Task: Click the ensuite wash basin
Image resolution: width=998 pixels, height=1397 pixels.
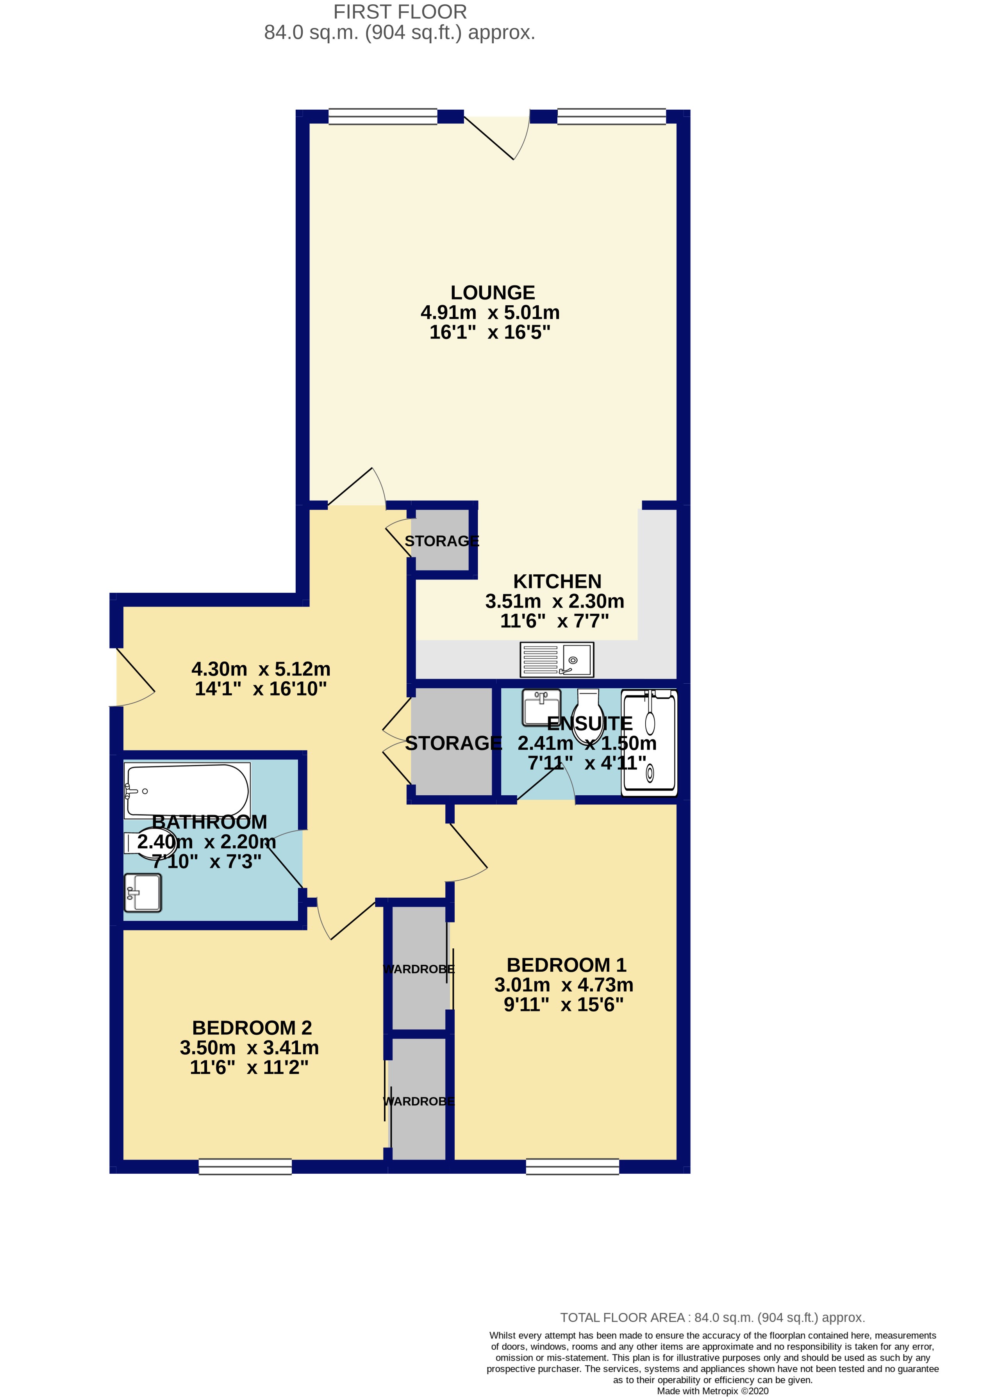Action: click(x=541, y=708)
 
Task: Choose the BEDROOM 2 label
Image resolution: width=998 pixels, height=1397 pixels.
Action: click(x=252, y=1028)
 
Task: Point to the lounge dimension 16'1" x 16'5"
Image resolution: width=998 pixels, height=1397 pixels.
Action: click(x=490, y=332)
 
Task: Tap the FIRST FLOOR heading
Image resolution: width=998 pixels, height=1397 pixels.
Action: click(x=400, y=12)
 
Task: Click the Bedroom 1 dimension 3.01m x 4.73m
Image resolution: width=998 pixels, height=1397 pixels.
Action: click(x=564, y=985)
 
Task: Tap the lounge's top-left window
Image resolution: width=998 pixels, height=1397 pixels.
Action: click(x=383, y=116)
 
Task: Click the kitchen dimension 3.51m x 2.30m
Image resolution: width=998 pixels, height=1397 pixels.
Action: click(x=554, y=601)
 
